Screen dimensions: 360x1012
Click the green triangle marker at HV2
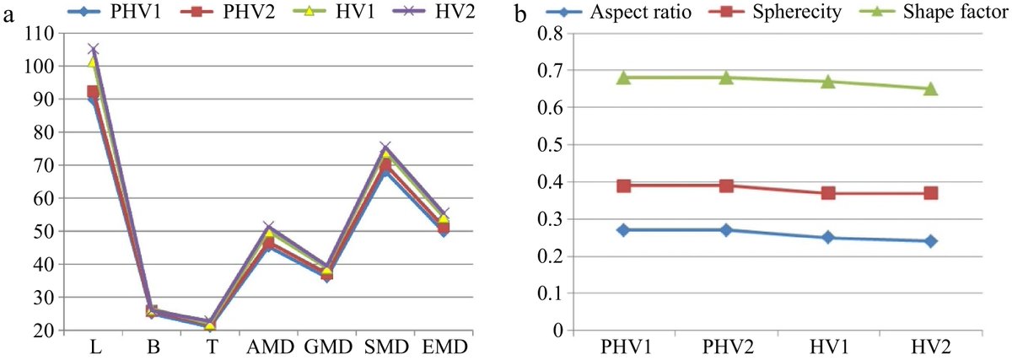coord(930,88)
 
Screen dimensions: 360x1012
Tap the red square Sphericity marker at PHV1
coord(624,185)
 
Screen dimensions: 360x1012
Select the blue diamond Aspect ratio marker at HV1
coord(828,238)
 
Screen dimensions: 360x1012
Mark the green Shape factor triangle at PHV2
coord(726,77)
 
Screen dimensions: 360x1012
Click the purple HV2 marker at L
coord(93,50)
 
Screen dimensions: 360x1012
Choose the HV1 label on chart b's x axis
coord(828,348)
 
